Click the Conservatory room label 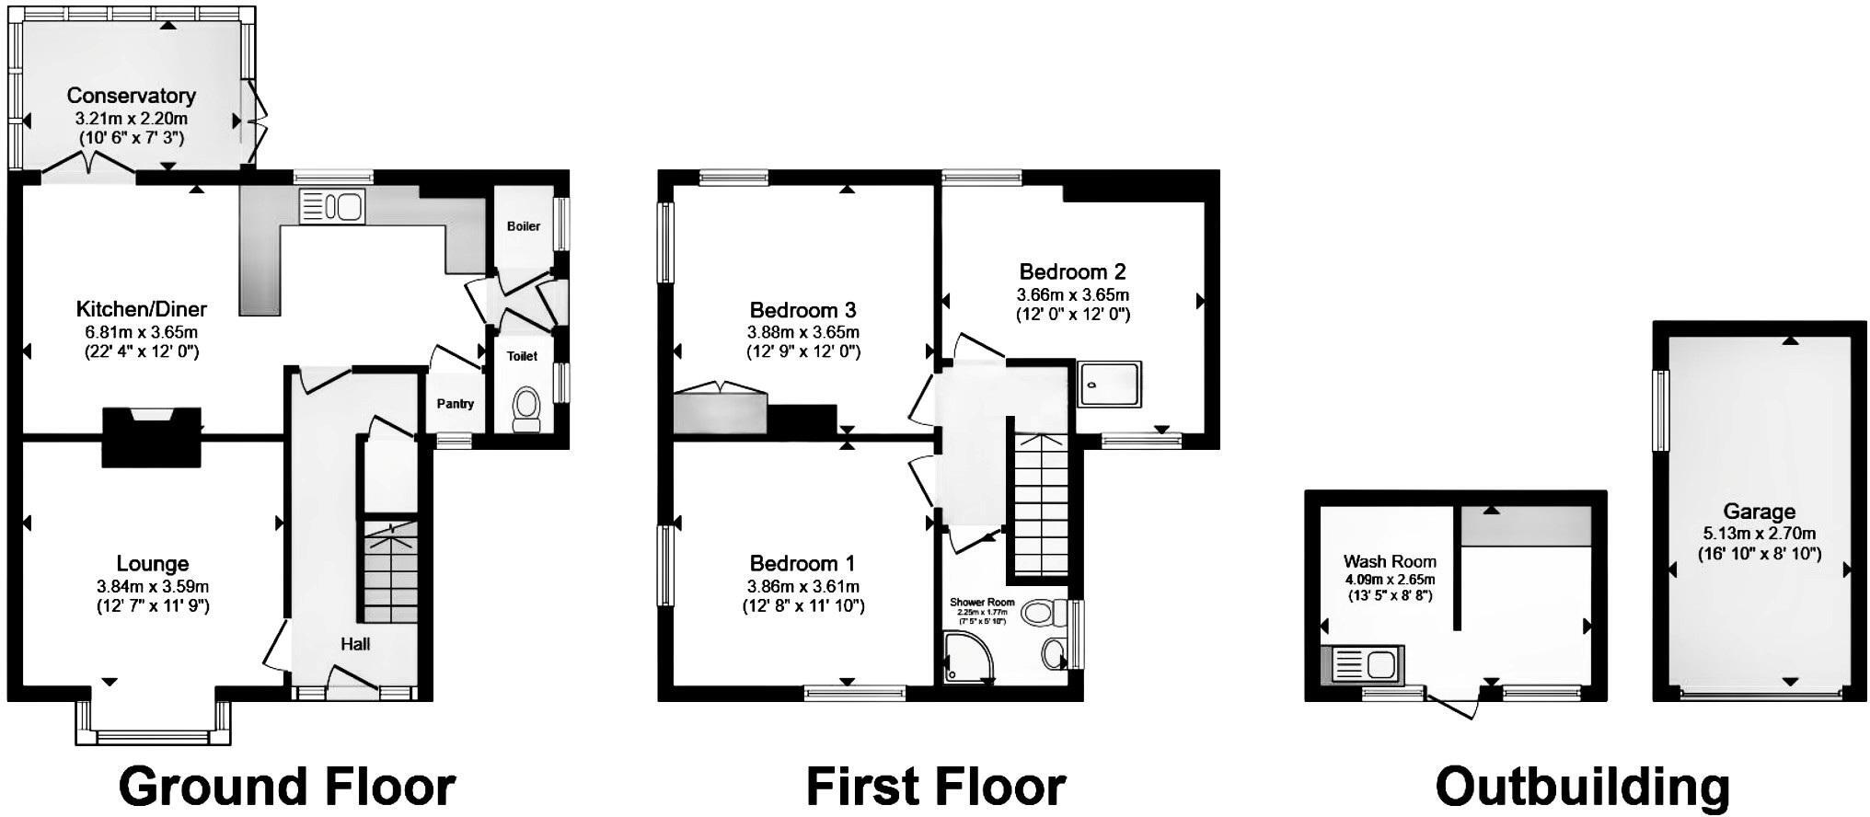click(131, 96)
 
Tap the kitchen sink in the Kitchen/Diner click(331, 206)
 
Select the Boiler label click(524, 226)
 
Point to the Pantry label click(455, 404)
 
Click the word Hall click(355, 644)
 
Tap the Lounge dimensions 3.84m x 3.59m click(153, 586)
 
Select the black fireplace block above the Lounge click(151, 438)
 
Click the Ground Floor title click(287, 788)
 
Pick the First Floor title click(935, 788)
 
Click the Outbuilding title click(1582, 788)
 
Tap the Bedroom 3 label click(802, 310)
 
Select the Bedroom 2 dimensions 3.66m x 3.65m click(1072, 295)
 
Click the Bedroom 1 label click(802, 563)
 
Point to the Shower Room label click(982, 603)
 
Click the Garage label click(1759, 512)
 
